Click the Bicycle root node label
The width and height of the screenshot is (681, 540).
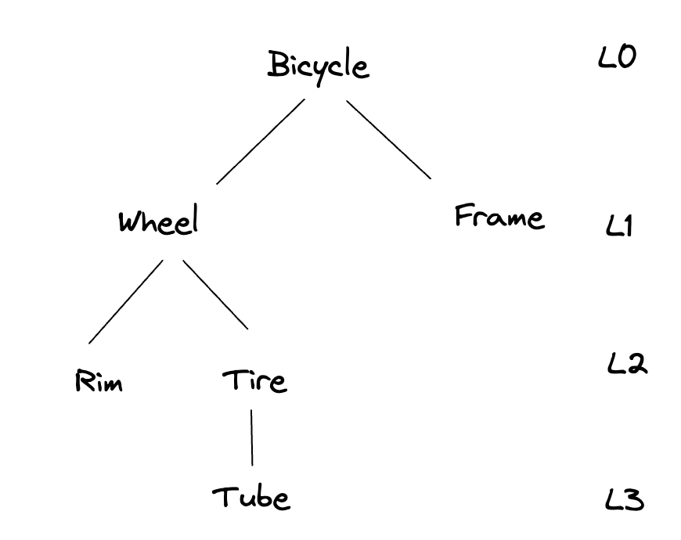(x=317, y=66)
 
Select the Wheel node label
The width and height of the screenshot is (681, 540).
(x=157, y=222)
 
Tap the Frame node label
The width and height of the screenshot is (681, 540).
(x=499, y=217)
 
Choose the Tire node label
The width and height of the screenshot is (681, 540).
(x=254, y=381)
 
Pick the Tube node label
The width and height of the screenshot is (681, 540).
(x=251, y=496)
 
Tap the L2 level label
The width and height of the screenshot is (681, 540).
(x=627, y=363)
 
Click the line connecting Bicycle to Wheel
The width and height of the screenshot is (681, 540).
(x=260, y=141)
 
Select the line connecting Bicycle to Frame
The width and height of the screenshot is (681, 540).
(x=388, y=139)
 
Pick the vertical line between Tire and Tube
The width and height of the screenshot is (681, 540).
(x=251, y=437)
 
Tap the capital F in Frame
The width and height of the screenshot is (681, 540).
(x=463, y=215)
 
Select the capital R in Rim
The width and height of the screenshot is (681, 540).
(x=83, y=382)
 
